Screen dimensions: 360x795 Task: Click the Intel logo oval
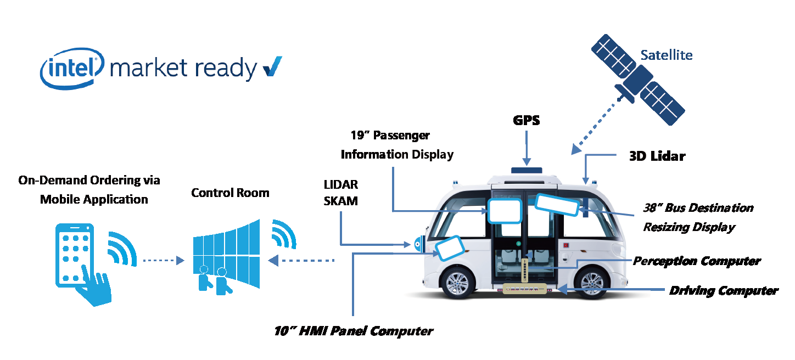(x=72, y=68)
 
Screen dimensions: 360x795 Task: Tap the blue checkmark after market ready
(x=272, y=67)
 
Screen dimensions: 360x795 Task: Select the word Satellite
(x=667, y=55)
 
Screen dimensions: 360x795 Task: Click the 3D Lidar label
(x=657, y=156)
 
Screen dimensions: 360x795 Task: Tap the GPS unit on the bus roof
(x=526, y=170)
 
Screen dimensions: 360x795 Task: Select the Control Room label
(x=230, y=193)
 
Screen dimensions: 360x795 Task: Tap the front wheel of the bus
(x=458, y=283)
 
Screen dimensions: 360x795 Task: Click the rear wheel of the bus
(x=593, y=283)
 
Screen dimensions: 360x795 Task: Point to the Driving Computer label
(x=723, y=290)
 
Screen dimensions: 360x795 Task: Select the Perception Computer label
(x=697, y=261)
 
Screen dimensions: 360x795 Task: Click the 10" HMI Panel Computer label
(x=354, y=331)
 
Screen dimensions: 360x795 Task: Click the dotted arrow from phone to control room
(x=163, y=261)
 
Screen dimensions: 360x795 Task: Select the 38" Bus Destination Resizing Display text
(x=698, y=217)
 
